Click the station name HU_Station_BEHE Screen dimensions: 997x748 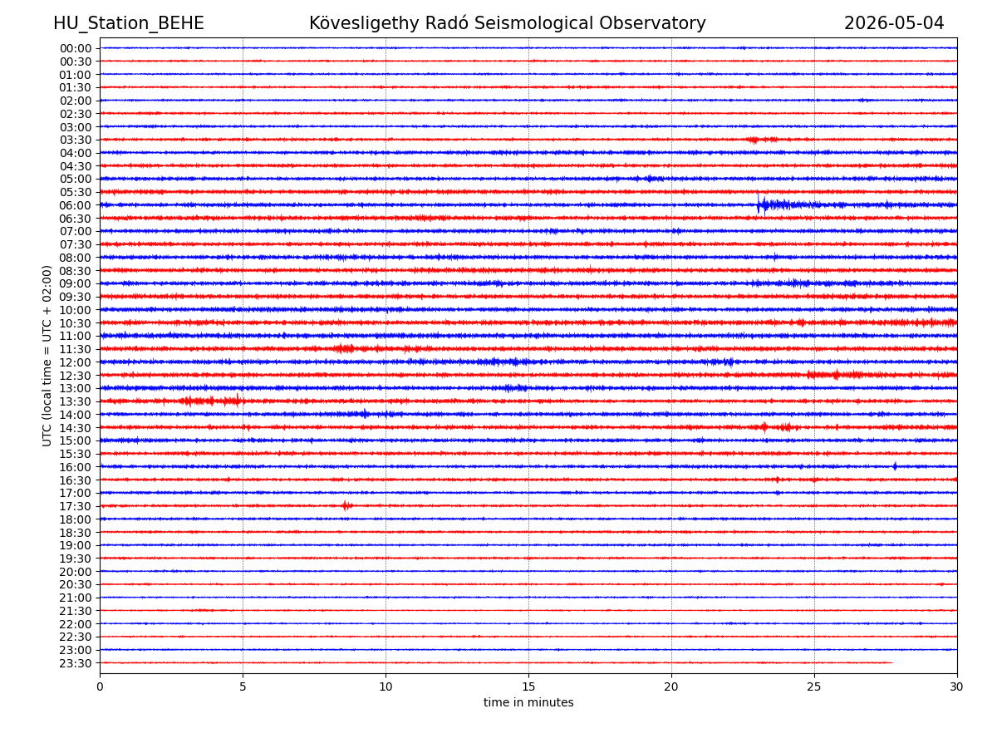[x=129, y=23]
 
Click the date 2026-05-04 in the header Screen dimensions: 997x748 [x=893, y=23]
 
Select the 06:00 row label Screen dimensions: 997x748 [x=76, y=206]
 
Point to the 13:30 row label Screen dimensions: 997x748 [x=76, y=402]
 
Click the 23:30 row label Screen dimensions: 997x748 [x=76, y=663]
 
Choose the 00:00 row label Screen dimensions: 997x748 [x=76, y=48]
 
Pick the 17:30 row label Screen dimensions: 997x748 [x=76, y=506]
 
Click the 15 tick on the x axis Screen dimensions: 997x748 [x=528, y=686]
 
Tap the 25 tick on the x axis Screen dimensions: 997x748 [x=814, y=686]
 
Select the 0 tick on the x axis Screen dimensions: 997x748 [x=100, y=686]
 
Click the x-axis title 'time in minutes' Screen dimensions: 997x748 [x=528, y=702]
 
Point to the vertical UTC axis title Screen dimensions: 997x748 [x=47, y=356]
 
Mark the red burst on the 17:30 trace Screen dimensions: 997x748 [x=347, y=505]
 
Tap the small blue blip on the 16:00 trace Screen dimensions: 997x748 [x=895, y=466]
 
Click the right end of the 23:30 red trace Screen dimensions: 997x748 [x=892, y=662]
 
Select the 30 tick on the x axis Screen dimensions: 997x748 [x=956, y=686]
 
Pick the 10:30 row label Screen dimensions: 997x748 [x=76, y=323]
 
